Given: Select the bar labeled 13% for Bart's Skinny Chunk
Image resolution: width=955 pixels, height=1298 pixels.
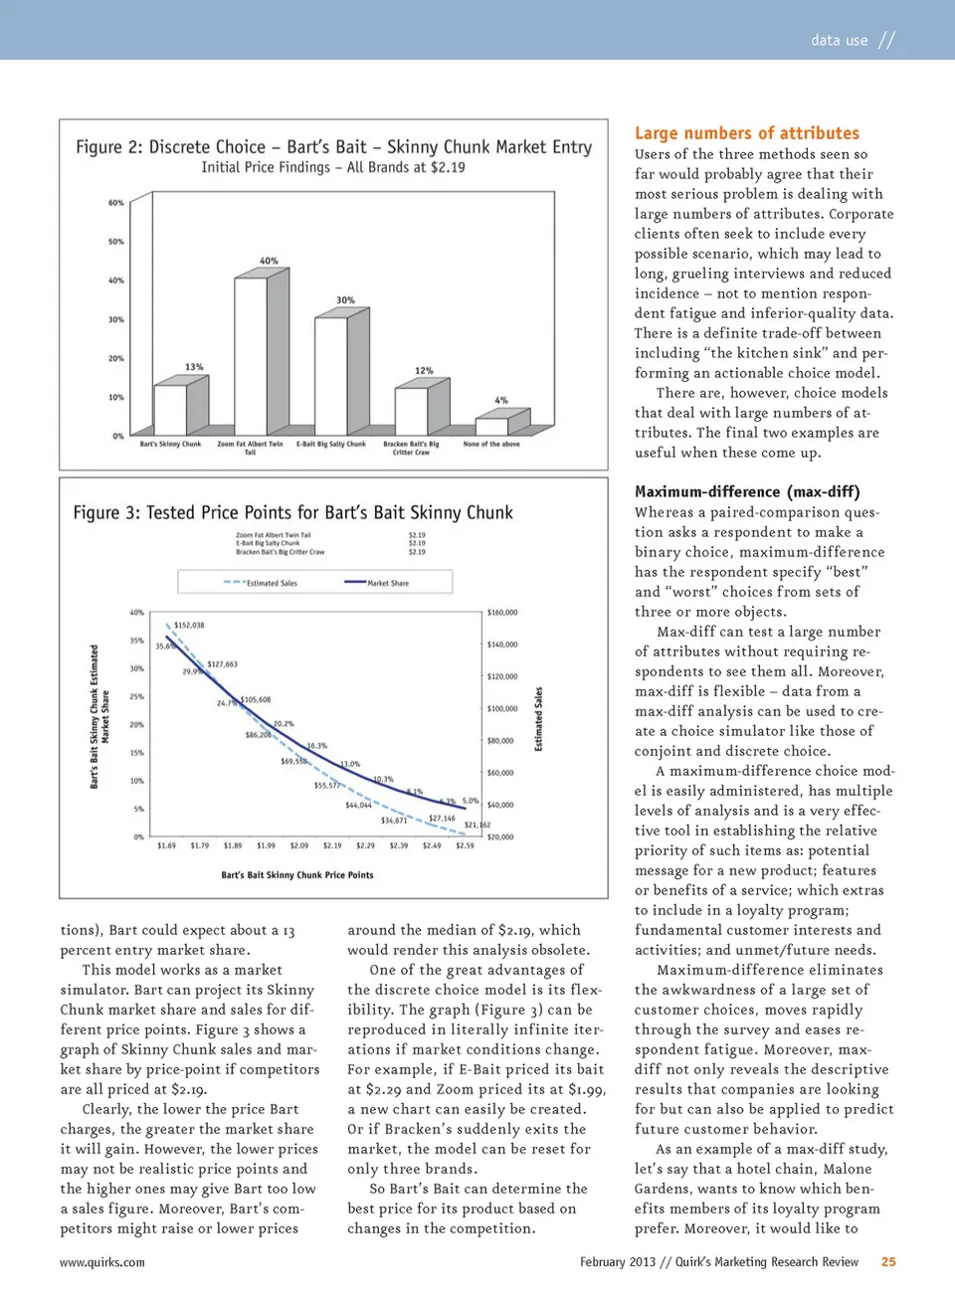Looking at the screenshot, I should coord(170,410).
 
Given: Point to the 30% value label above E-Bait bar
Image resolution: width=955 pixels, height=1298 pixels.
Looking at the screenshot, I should coord(345,299).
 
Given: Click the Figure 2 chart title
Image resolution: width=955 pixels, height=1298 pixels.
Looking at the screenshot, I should coord(333,147).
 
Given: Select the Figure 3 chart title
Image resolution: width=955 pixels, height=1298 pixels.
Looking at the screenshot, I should coord(293,513).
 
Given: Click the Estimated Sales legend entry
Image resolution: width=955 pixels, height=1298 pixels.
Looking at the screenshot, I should coord(261,583).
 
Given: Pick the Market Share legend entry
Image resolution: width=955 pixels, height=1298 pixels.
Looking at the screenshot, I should coord(376,583).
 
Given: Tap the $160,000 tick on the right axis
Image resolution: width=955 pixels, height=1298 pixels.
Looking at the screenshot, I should coord(501,613).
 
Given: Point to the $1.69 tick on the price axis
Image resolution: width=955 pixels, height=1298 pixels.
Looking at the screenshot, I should coord(166,845).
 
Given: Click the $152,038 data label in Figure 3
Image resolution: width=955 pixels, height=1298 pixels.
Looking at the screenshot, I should coord(189,625).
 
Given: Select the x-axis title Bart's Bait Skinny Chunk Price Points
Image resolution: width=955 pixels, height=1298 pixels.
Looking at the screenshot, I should coord(297,875).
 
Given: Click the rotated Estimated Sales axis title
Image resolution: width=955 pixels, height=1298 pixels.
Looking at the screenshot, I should coord(539,719).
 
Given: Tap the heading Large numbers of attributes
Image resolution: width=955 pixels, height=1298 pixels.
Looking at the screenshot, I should coord(747,133).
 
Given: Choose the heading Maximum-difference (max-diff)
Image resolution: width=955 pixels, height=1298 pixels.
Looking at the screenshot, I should coord(747,491).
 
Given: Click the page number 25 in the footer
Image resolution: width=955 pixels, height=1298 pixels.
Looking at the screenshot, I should coord(888,1261).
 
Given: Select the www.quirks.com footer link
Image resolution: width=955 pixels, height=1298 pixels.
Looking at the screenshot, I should coord(102,1262).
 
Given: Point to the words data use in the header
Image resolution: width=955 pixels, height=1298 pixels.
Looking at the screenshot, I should coord(839,41).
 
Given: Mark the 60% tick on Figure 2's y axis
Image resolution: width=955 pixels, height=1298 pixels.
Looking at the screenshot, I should coord(116,203).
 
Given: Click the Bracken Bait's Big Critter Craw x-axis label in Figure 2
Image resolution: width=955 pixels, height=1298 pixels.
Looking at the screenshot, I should coord(411,448).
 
